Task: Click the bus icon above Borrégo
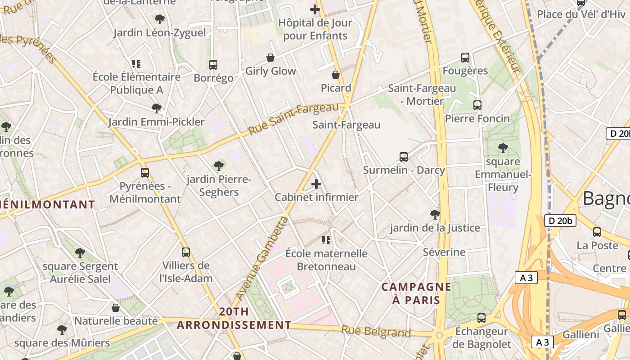pos(213,65)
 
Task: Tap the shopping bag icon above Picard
pos(336,74)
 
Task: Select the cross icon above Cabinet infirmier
pos(316,184)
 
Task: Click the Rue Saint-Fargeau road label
pos(293,119)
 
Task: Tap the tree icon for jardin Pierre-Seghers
pos(219,166)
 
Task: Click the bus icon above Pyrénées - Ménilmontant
pos(145,172)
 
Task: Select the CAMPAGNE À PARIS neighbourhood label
pos(416,293)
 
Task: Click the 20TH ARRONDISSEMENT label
pos(234,318)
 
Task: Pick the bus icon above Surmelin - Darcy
pos(404,157)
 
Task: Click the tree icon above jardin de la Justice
pos(435,214)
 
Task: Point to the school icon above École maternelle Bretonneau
pos(326,240)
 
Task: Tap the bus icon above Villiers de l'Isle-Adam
pos(186,252)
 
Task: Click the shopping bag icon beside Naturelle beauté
pos(116,308)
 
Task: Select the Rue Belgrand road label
pos(376,332)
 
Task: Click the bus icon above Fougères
pos(465,58)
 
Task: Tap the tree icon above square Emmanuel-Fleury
pos(503,148)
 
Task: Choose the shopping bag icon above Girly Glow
pos(270,58)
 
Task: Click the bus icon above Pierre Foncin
pos(477,105)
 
